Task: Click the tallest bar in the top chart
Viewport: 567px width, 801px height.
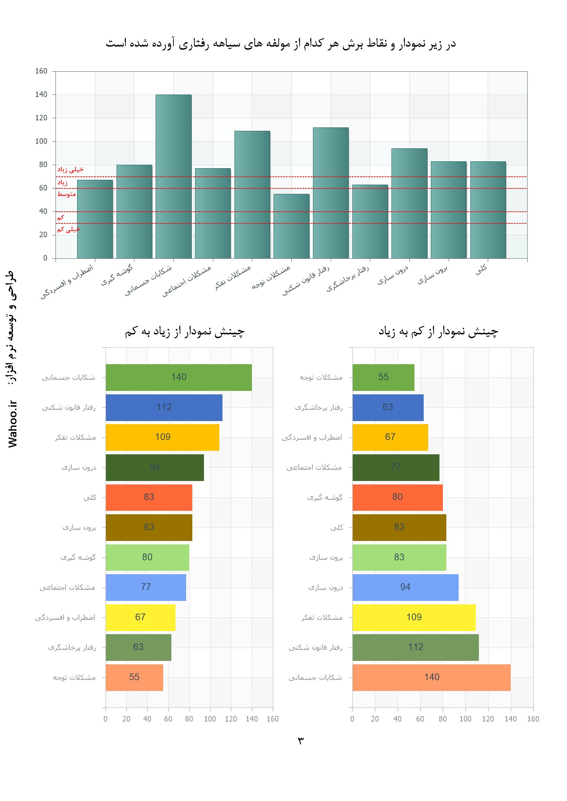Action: [173, 176]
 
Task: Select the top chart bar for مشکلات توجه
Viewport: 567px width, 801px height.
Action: [291, 226]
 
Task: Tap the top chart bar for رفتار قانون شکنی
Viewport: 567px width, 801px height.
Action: [330, 193]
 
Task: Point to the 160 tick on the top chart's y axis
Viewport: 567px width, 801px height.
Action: [41, 71]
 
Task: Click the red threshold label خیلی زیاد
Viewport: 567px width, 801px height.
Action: [71, 170]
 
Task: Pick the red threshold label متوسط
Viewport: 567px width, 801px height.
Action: [67, 194]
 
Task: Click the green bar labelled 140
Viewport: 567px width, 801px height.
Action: [179, 377]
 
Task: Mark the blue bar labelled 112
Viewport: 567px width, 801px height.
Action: [164, 407]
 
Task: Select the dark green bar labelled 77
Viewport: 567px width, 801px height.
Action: [396, 467]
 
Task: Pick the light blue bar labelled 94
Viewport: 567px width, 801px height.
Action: [405, 587]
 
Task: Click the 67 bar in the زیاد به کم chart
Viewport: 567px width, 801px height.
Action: [140, 617]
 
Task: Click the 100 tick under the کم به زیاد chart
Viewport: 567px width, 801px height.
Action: [466, 719]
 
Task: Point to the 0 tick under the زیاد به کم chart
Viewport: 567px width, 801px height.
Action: [106, 719]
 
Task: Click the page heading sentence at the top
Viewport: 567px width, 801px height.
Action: [281, 44]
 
